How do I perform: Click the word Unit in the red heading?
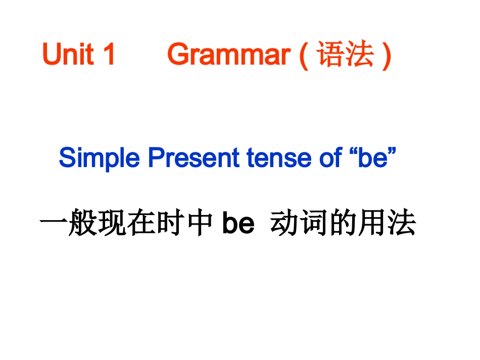tap(68, 55)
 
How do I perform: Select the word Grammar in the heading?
tap(229, 55)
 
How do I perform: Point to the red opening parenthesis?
tap(304, 56)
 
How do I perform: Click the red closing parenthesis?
tap(387, 56)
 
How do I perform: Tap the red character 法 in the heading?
tap(360, 55)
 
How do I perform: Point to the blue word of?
tap(330, 159)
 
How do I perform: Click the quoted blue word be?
tap(371, 159)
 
